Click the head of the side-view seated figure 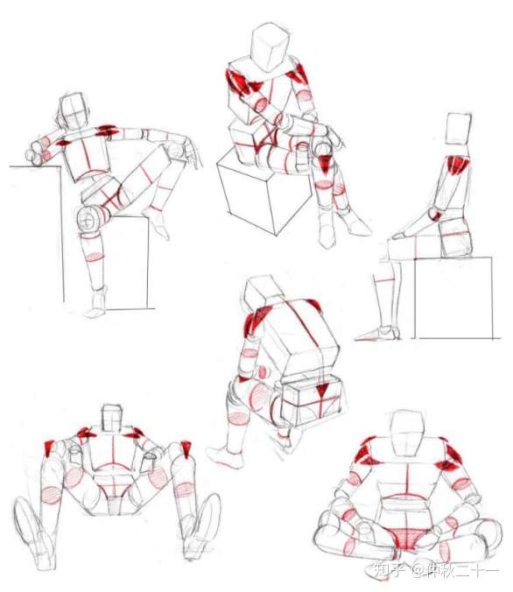point(458,129)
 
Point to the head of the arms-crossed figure point(271,46)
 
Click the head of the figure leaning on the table point(74,112)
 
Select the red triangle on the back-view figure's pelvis point(322,391)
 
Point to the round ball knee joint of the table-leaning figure point(89,219)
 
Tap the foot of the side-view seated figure point(377,333)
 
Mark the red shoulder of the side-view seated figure point(458,165)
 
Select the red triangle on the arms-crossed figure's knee point(324,164)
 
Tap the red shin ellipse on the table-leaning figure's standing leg point(94,257)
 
